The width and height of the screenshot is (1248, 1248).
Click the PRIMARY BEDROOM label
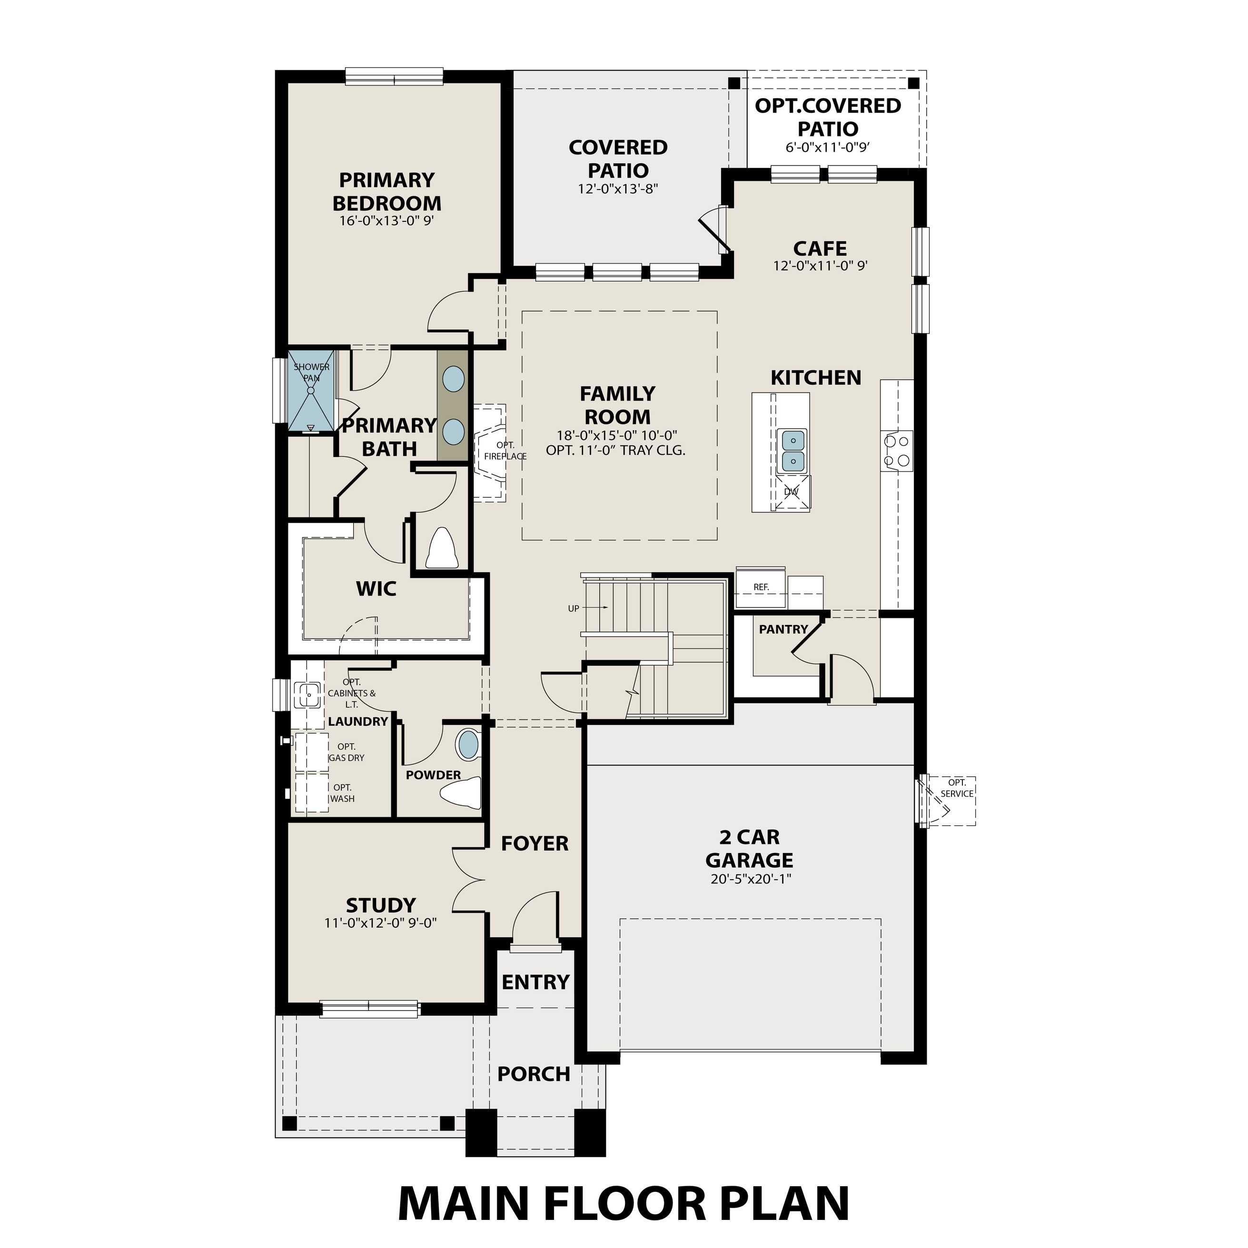pos(387,191)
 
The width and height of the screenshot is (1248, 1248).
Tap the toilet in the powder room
pos(463,792)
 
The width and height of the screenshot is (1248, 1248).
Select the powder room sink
pos(468,744)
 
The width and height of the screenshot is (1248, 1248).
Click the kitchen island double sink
pos(793,451)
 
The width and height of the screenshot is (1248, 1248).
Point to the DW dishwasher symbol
pos(792,492)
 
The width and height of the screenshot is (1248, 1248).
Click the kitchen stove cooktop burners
pos(897,451)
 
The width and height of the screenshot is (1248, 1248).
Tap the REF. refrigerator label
pos(761,587)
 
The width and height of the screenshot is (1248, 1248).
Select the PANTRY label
pos(783,629)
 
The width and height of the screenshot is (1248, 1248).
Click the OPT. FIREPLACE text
pos(505,451)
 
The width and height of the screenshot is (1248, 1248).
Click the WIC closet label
pos(376,588)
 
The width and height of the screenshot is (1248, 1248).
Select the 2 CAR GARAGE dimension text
pos(751,879)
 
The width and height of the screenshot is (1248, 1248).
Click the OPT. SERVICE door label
pos(957,788)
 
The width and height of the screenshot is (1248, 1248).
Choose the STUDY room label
pos(380,905)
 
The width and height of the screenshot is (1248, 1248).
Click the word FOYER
pos(535,843)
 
